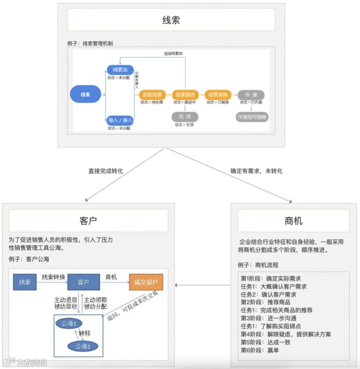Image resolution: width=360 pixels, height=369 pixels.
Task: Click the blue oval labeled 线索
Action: point(85,94)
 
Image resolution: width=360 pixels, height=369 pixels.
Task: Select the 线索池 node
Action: point(120,70)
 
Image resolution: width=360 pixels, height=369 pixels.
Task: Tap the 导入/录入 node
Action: point(120,120)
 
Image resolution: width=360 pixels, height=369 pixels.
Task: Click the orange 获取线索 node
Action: point(152,95)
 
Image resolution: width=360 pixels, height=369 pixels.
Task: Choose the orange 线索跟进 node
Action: point(185,95)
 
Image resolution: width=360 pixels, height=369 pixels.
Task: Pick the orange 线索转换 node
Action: point(218,95)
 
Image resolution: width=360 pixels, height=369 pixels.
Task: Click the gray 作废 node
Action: point(251,95)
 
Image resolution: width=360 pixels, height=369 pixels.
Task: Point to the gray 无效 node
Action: point(185,117)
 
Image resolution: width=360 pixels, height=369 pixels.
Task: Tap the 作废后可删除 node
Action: point(252,117)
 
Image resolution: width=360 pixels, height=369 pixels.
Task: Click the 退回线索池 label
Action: point(173,53)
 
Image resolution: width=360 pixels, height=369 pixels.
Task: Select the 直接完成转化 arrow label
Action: point(106,171)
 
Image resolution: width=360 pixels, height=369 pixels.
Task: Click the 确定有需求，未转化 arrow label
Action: point(256,171)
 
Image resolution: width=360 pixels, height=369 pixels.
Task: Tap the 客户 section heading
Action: point(88,221)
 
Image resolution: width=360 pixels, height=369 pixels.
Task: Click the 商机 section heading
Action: point(293,221)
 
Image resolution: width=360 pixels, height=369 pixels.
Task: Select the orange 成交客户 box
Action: point(146,282)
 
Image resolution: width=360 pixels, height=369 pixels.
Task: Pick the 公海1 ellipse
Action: point(69,323)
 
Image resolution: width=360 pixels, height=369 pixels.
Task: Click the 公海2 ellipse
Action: point(83,346)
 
